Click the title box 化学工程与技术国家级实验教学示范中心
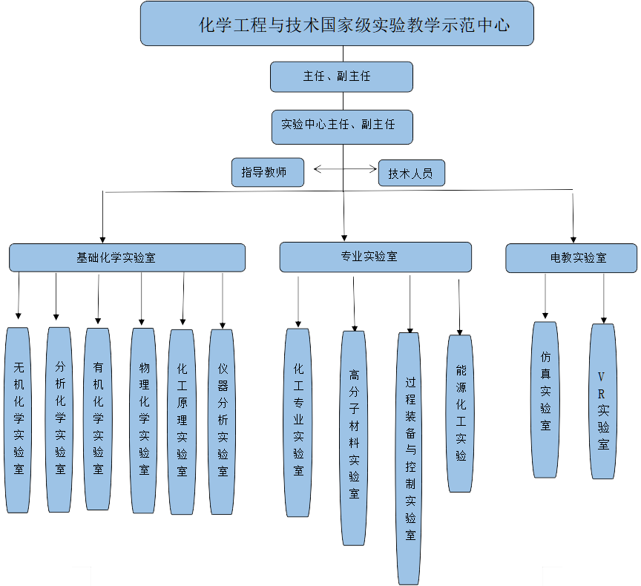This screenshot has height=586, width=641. point(337,24)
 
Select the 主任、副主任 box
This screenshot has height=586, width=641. point(341,76)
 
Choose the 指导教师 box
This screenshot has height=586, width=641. point(268,171)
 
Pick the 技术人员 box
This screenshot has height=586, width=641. point(411,173)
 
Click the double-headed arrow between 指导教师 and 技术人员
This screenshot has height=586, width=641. point(345,169)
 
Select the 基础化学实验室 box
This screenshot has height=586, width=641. point(127,257)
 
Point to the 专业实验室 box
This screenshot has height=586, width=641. point(375,257)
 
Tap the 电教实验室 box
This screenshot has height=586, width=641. point(571,257)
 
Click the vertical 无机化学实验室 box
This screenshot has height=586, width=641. point(18,420)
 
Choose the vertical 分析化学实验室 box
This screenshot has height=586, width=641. point(59,419)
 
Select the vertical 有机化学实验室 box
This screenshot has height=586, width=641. point(97,419)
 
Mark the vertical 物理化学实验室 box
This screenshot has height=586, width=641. point(143,421)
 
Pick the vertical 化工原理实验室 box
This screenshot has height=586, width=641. point(182,421)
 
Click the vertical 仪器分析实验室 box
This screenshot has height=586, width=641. point(222,421)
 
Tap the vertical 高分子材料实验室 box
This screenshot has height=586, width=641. point(354,438)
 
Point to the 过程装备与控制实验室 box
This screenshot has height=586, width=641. point(409,458)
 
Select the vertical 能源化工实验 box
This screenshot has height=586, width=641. point(460,413)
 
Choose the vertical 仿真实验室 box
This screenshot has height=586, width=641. point(545,399)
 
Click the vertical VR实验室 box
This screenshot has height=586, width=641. point(602,401)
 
